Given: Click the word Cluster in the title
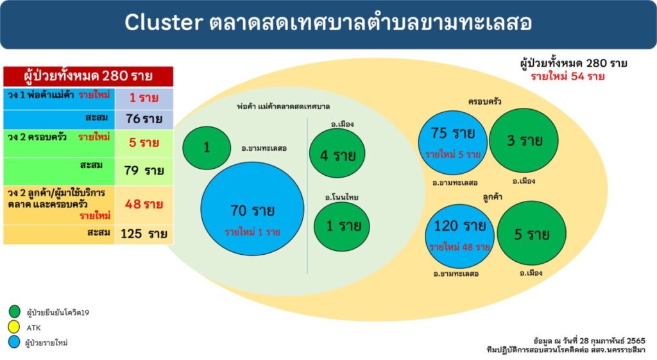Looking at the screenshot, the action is (x=164, y=22).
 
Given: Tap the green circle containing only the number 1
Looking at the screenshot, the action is (x=207, y=148).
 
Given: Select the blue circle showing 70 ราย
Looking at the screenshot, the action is (x=252, y=209).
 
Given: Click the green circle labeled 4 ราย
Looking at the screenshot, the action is (x=337, y=153).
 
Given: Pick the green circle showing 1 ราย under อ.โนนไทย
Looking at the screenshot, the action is (x=342, y=227).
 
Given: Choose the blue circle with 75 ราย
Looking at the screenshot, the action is (x=452, y=142).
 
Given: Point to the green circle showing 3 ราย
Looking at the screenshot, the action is (x=524, y=141).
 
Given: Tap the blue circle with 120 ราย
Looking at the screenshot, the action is (x=459, y=236).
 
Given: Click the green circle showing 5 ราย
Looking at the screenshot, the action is (x=532, y=233).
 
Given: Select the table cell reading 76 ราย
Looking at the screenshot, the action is (x=144, y=119).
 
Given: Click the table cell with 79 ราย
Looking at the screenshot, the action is (x=144, y=171).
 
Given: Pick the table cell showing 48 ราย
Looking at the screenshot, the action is (x=144, y=205).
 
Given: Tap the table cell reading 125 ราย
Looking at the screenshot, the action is (x=144, y=234).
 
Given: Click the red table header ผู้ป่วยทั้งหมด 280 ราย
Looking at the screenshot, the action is (x=88, y=76).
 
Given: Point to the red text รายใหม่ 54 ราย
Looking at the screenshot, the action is (x=568, y=77).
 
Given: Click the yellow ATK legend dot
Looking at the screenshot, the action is (x=14, y=327).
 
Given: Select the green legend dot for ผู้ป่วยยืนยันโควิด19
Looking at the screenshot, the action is (x=14, y=311).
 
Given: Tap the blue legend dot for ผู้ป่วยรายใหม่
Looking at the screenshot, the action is (x=14, y=342).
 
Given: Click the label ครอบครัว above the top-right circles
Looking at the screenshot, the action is (x=485, y=101).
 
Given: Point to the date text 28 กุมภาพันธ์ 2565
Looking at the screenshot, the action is (x=612, y=340).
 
